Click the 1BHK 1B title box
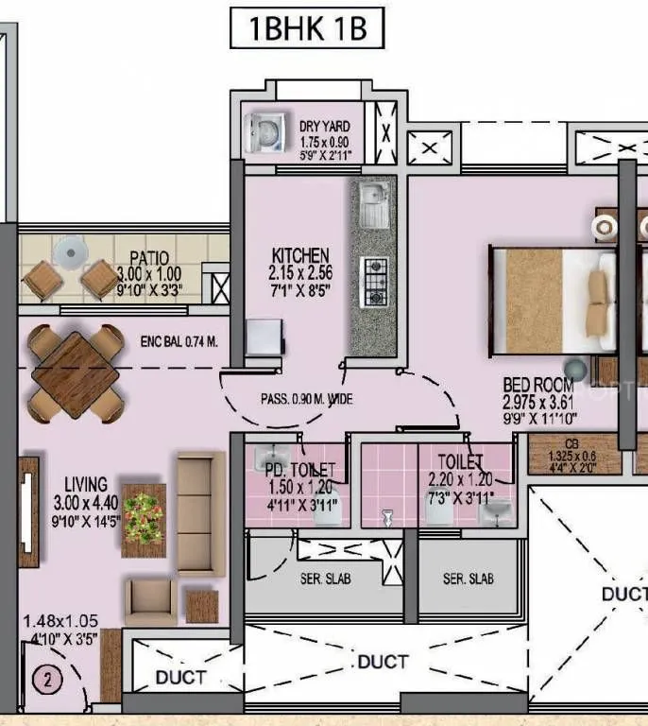coord(307,28)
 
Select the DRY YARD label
coord(324,126)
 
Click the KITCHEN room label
coord(300,255)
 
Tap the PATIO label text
coord(149,257)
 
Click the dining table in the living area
coord(75,373)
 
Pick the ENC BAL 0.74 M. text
coord(179,341)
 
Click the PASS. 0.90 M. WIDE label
coord(306,400)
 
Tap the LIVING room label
coord(86,484)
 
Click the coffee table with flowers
coord(144,514)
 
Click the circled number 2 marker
coord(44,677)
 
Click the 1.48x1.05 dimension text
coord(60,621)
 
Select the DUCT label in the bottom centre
coord(383,662)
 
